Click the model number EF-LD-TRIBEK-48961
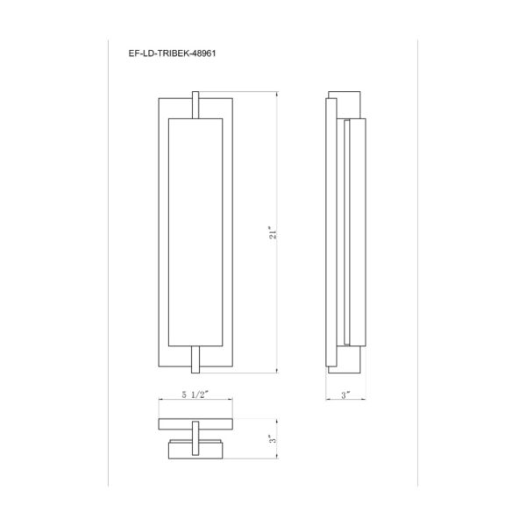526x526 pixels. [x=173, y=53]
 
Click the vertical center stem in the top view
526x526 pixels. [x=195, y=438]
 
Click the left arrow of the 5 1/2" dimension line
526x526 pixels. [x=160, y=404]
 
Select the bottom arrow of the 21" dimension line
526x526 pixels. [x=279, y=373]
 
